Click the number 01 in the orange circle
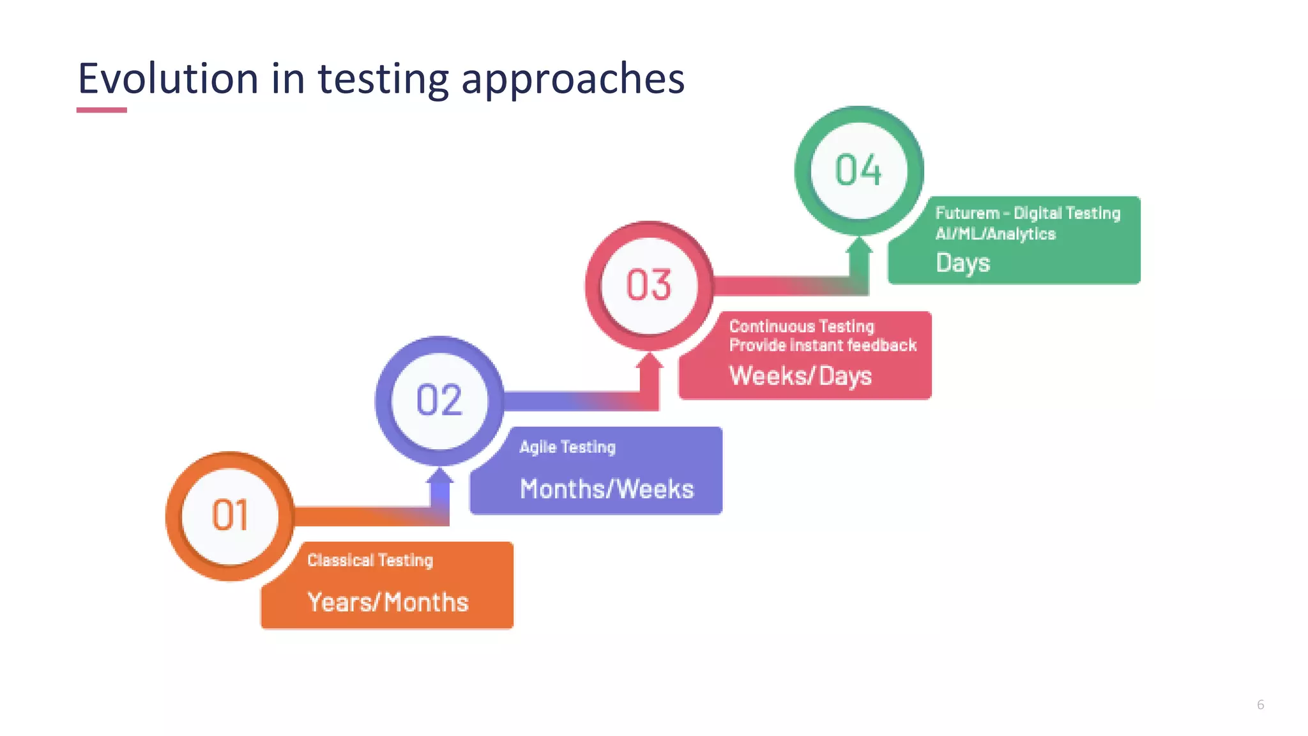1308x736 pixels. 230,516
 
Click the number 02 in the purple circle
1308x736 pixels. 439,401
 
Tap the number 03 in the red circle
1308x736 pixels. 649,285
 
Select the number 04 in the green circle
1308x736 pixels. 858,171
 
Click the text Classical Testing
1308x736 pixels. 370,560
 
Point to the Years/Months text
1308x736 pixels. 388,602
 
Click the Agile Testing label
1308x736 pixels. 567,447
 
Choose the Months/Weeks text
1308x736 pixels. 606,489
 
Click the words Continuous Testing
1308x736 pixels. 801,326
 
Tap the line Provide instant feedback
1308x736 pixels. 823,346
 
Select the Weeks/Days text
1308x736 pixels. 800,376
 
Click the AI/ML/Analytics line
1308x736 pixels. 995,234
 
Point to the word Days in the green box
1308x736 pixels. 962,263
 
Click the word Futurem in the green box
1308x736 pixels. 967,213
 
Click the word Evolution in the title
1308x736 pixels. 168,79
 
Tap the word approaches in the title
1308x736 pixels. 573,80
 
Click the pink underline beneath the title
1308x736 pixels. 102,110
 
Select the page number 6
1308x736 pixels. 1260,705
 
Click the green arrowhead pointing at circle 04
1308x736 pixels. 859,245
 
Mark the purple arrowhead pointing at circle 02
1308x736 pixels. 439,476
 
